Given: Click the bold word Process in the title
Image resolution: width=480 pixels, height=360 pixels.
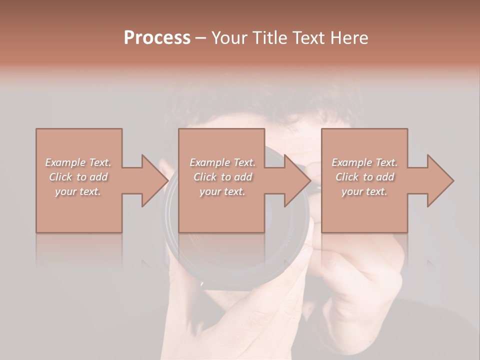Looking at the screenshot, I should click(x=157, y=38).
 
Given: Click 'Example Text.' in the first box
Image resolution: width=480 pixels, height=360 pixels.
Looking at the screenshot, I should click(x=78, y=162).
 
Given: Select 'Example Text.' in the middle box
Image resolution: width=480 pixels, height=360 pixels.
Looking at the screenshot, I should click(x=222, y=162).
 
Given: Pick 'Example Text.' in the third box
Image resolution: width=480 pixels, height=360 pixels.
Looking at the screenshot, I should click(x=364, y=162).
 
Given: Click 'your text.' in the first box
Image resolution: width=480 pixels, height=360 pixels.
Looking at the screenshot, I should click(x=78, y=191).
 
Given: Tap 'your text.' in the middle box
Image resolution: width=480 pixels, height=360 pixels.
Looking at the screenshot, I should click(x=222, y=191).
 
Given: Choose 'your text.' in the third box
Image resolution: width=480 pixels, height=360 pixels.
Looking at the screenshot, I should click(x=364, y=191).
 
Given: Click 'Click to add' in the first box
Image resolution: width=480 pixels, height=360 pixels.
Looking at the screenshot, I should click(x=78, y=177).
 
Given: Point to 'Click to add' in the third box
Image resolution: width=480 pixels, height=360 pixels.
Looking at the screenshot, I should click(x=365, y=177).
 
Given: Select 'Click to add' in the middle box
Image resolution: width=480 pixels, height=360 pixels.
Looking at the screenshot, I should click(x=222, y=177).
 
